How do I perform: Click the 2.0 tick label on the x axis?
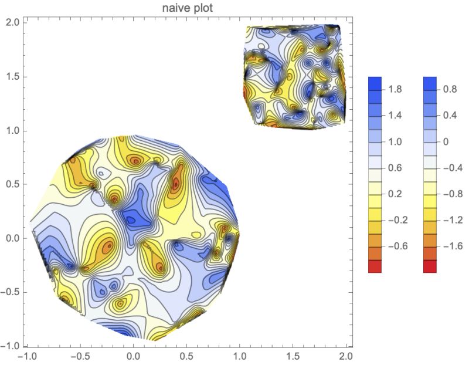point(346,356)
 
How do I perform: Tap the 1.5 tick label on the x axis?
point(293,356)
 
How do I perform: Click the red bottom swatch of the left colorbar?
point(375,266)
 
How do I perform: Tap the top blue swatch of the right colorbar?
point(429,83)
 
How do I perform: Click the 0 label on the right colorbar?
point(446,141)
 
